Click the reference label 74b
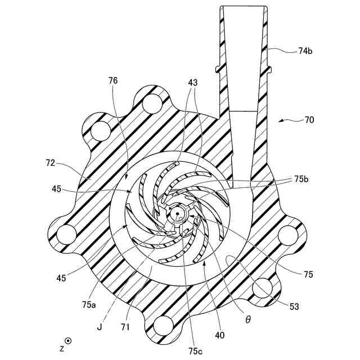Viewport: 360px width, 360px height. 305,51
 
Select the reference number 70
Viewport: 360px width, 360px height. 309,120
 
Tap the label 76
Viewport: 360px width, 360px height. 113,81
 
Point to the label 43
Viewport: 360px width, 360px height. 193,83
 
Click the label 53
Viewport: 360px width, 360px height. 295,307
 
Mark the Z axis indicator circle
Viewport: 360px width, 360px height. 69,340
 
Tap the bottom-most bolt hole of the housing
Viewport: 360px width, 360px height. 164,325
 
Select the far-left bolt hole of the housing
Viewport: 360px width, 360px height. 66,232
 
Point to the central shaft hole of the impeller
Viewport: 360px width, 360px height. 177,213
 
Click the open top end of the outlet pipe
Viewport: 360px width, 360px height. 242,8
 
